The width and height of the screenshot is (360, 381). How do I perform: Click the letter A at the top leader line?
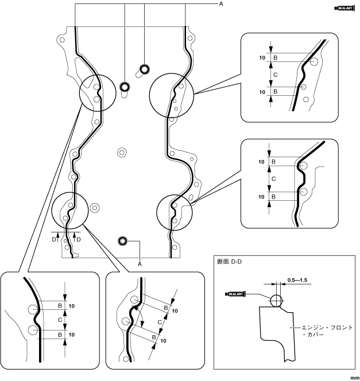coord(220,3)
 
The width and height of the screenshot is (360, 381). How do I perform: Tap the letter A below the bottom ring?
coord(140,263)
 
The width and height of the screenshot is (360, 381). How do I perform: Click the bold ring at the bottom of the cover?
coord(122,240)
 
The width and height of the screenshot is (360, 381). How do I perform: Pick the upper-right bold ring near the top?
coord(144,69)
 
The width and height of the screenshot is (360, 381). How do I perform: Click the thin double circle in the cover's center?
coord(121,152)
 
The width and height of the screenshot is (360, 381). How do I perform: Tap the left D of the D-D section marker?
coord(55,238)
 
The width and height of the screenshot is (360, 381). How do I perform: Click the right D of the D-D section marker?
coord(79,238)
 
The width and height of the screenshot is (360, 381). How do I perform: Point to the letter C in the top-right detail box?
coord(275,75)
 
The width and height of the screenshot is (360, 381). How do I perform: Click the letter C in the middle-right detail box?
coord(273,179)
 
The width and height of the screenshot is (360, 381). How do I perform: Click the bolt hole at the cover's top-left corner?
coord(61,40)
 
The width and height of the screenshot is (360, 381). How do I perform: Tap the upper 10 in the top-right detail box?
coord(262,58)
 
